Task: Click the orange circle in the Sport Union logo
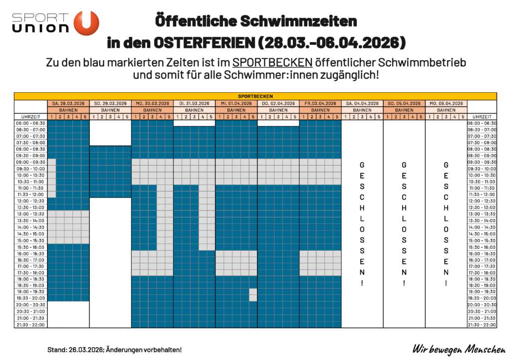click(86, 23)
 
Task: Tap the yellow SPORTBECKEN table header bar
click(255, 96)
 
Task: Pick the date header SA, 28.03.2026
click(68, 103)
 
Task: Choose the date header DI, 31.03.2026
click(194, 103)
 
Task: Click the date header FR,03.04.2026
click(320, 103)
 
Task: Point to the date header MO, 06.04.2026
click(446, 103)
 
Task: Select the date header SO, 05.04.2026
click(404, 103)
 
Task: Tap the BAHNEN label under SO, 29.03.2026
click(110, 110)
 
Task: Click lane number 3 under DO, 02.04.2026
click(278, 117)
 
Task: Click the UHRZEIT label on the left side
click(30, 117)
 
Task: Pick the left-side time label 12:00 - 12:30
click(30, 201)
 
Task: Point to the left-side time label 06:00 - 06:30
click(30, 123)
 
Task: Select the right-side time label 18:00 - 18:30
click(482, 279)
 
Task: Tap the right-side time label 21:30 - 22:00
click(482, 325)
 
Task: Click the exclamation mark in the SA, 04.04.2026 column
click(362, 283)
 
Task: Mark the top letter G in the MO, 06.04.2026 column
click(446, 165)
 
